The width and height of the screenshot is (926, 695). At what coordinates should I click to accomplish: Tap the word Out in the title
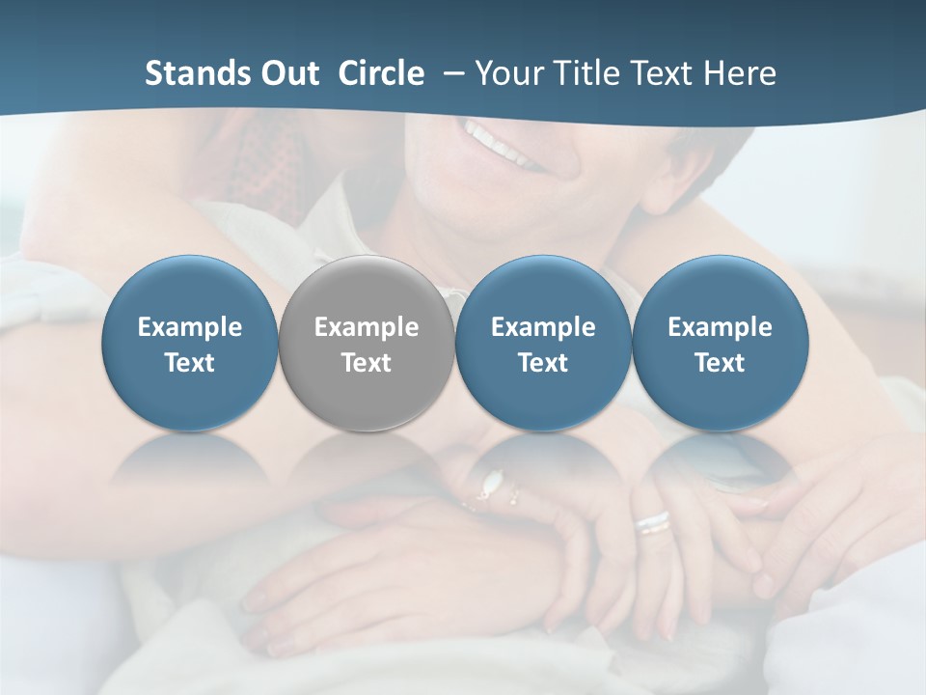287,73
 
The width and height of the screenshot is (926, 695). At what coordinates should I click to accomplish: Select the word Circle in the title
381,73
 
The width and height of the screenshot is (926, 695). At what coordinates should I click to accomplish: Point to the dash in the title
450,74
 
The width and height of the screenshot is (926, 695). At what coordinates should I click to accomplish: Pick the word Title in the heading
584,73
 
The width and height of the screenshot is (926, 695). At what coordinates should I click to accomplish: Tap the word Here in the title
740,73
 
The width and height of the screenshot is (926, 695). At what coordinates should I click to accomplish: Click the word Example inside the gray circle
367,327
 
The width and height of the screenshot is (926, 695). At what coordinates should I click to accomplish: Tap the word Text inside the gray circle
367,363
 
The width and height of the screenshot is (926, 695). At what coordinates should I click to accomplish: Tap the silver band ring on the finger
652,522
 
